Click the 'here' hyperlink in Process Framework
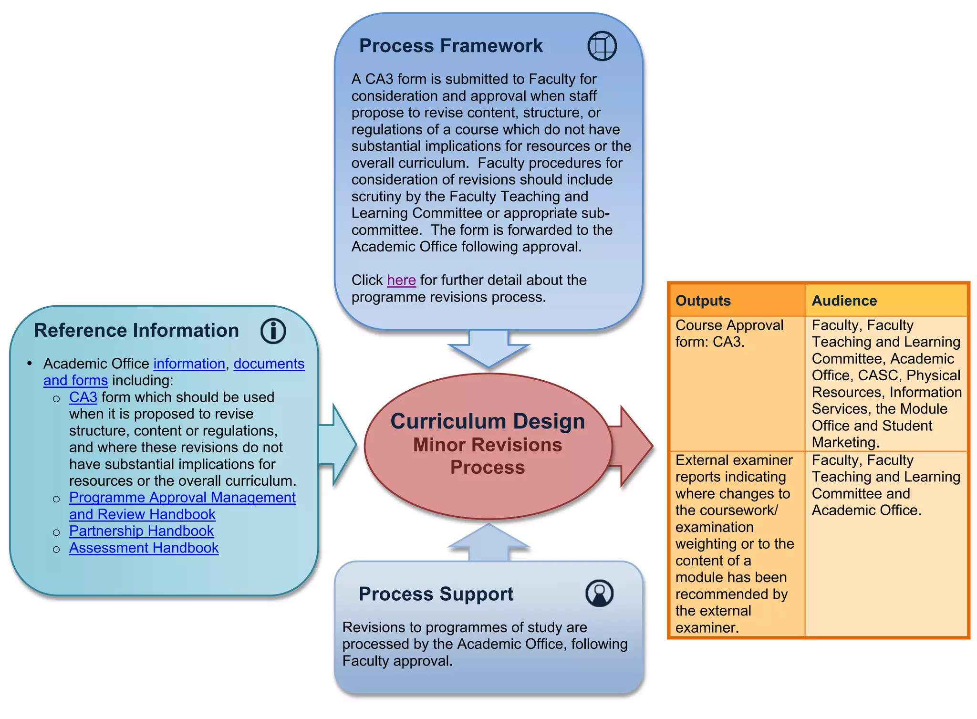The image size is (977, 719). tap(401, 280)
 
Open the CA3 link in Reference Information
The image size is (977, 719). tap(83, 397)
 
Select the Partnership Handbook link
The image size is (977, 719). tap(141, 531)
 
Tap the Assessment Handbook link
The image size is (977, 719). tap(144, 548)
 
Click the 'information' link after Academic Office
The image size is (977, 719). tap(189, 364)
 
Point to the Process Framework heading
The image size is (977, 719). tap(450, 46)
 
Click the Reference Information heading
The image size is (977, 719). tap(136, 330)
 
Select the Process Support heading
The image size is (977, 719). tap(436, 594)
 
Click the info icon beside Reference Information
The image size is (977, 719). tap(273, 331)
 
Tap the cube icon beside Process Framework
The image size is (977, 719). tap(602, 46)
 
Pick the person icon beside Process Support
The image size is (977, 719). tap(599, 594)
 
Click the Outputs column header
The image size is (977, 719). tap(703, 301)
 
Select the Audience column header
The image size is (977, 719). tap(844, 301)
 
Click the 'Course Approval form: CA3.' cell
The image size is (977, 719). tap(729, 333)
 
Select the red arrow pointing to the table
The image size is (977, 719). tap(632, 446)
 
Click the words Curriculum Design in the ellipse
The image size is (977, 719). tap(488, 421)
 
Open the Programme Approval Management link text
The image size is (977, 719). tap(182, 498)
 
